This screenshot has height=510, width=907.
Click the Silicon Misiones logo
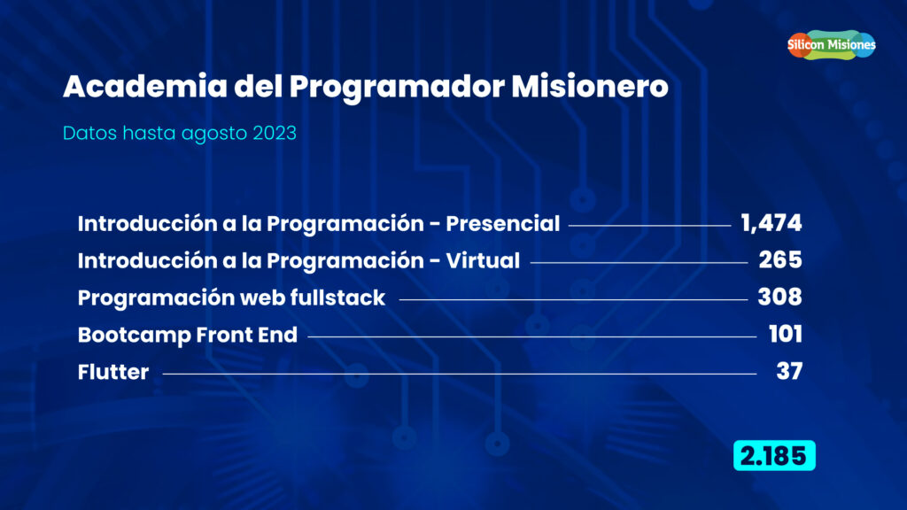pos(831,44)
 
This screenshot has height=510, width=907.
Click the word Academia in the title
pos(145,87)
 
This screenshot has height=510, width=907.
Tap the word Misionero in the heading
pos(589,87)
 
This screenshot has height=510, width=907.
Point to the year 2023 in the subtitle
pos(275,133)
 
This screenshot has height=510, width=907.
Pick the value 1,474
pos(771,223)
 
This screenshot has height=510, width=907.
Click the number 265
pos(780,260)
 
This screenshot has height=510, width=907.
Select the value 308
pos(779,297)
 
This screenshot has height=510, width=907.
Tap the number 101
pos(785,334)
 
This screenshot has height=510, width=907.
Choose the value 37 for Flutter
pos(789,371)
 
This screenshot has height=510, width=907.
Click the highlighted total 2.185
pos(774,456)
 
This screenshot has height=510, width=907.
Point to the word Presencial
pos(503,224)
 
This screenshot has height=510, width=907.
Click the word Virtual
pos(483,261)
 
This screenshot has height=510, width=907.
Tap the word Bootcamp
pos(134,336)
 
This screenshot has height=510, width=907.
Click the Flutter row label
pos(113,372)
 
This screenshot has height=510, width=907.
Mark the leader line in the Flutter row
pos(460,374)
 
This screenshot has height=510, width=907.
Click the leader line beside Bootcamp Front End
pos(532,336)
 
